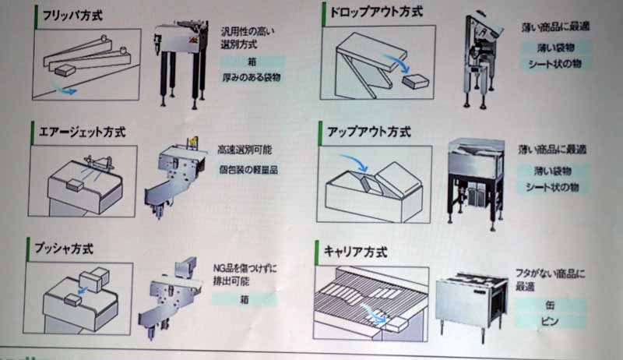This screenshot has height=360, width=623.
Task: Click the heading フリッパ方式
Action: coord(72,16)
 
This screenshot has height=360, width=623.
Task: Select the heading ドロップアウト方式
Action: coord(376,12)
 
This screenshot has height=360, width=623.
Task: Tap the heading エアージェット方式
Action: coord(83,132)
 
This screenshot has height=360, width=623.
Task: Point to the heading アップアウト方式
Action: coord(368,132)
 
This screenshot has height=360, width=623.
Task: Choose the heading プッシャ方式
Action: coord(64,249)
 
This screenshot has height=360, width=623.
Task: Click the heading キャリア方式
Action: coord(356,252)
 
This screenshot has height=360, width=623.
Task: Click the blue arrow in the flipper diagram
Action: coord(65,90)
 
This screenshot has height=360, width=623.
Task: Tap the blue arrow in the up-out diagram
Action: coord(356,162)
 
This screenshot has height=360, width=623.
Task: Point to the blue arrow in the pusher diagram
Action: coord(83,290)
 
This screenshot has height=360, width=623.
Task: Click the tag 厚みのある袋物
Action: coord(252,77)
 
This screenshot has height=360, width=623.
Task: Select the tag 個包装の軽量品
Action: coord(248,170)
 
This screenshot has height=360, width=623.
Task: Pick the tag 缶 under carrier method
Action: coord(550,305)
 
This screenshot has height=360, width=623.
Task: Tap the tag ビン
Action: coord(550,321)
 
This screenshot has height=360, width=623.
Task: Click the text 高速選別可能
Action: coord(245,150)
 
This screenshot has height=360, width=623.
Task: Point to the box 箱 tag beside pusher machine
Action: coord(245,299)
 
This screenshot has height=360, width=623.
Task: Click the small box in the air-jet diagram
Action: coord(75,185)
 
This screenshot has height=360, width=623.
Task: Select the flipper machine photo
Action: coord(181,64)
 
